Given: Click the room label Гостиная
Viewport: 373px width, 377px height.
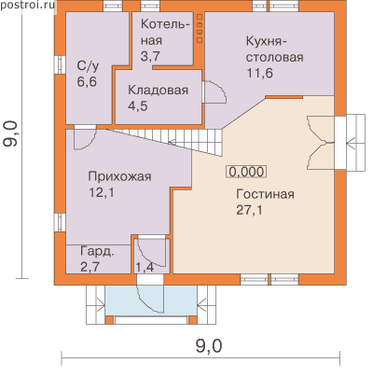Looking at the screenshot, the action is tap(265, 194).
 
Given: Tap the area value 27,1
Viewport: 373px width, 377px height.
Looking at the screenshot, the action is tap(249, 210).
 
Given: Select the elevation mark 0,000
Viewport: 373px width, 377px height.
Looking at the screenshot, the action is tap(247, 172).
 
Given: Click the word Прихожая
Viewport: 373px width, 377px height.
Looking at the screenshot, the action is tap(120, 176).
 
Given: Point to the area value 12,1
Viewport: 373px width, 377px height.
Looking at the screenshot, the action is tap(102, 193).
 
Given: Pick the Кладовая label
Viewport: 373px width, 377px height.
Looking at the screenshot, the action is tap(159, 90).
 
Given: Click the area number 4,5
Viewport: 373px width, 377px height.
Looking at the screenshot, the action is tap(138, 106).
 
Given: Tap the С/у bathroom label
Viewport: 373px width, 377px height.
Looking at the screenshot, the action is tap(88, 66).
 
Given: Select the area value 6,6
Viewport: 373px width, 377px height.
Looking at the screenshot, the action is tap(87, 82).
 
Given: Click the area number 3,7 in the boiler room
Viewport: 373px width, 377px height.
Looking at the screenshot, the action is tap(151, 56).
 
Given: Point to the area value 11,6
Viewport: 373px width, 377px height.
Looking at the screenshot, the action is tap(260, 74).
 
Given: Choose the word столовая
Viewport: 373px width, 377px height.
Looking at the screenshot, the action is tap(275, 57).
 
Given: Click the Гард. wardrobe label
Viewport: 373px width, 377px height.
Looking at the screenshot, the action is tap(97, 251).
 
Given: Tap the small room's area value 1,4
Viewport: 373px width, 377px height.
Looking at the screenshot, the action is tap(145, 268).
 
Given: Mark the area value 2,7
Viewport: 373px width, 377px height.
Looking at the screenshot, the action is tap(90, 267).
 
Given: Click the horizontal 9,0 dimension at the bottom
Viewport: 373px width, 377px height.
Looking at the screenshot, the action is tap(209, 346).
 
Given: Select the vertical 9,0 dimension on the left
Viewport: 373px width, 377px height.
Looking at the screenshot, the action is tap(10, 133).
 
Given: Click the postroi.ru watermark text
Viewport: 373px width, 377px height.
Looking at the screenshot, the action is tap(27, 5).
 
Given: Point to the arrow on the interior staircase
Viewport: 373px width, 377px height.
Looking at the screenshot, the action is tap(172, 143).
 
